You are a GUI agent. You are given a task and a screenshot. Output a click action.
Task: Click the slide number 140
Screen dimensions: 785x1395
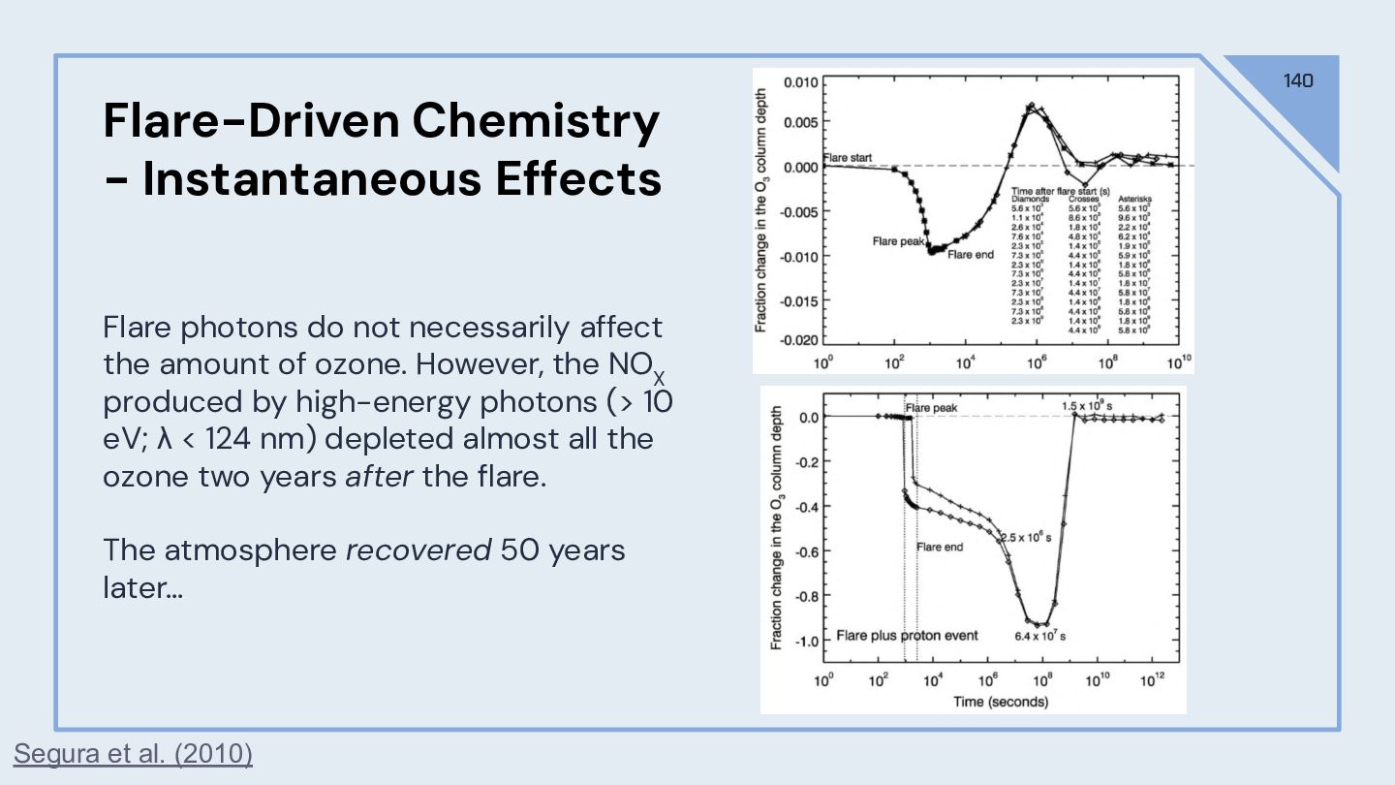coord(1298,80)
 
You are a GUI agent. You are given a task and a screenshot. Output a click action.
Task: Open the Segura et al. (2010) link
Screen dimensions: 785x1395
coord(133,753)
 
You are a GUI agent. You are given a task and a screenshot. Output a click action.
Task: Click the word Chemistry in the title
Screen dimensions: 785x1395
coord(535,121)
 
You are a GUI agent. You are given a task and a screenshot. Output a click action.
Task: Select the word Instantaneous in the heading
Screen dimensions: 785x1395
coord(311,179)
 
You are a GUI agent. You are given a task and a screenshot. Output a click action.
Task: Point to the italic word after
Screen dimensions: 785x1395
coord(379,477)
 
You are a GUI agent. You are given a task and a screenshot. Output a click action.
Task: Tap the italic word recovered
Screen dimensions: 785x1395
coord(418,549)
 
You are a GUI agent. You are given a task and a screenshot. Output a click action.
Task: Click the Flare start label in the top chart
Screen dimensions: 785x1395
coord(848,157)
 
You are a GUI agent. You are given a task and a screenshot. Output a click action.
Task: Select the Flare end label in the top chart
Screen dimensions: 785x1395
coord(971,255)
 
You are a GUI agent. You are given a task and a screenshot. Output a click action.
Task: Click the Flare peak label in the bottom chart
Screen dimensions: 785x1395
coord(931,408)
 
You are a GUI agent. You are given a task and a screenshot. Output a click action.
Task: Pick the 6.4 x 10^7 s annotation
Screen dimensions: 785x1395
coord(1039,637)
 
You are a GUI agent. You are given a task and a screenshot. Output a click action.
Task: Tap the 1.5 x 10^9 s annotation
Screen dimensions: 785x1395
coord(1087,405)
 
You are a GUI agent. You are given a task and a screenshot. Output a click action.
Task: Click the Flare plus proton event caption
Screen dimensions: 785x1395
coord(907,636)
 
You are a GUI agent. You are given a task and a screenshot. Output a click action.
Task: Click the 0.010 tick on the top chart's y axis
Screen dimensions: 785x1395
coord(799,81)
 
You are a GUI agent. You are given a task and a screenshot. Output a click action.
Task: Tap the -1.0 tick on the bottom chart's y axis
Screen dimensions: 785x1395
coord(807,641)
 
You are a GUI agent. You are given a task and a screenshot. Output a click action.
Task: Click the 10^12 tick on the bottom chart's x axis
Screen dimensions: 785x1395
coord(1152,681)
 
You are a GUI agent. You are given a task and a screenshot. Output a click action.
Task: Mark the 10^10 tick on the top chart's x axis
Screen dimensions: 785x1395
coord(1179,363)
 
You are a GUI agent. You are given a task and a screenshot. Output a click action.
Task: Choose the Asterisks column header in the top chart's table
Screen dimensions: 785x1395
coord(1134,199)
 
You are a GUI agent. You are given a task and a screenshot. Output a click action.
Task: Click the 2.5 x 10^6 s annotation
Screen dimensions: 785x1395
coord(1025,537)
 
